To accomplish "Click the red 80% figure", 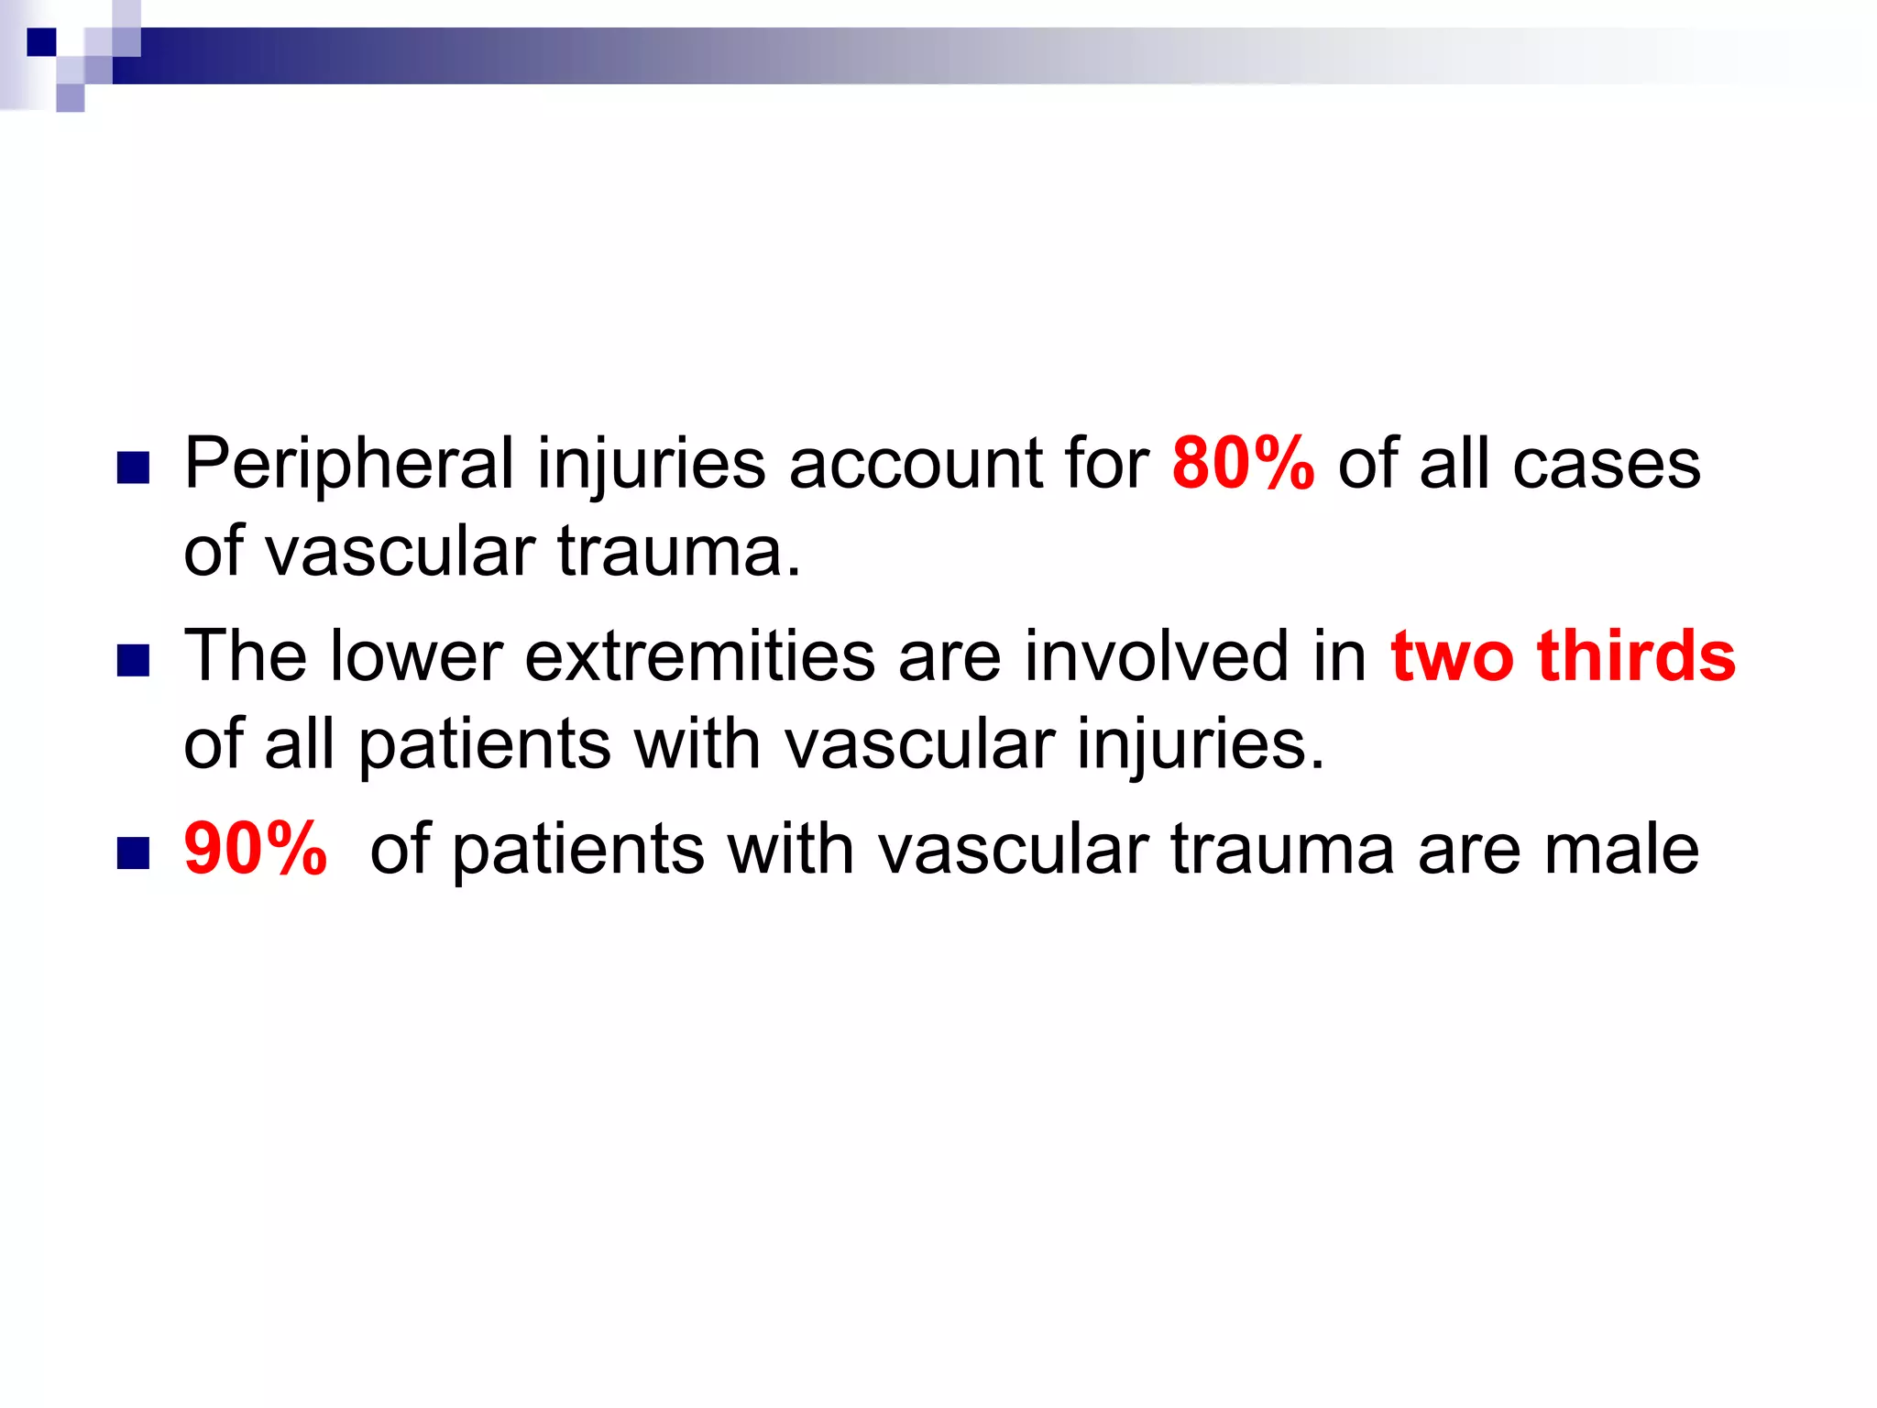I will [1243, 464].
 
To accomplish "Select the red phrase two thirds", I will [1563, 656].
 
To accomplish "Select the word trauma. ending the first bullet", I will [679, 552].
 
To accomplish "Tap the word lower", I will [415, 656].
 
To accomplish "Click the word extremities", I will [700, 656].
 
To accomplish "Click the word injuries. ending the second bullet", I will [1201, 744].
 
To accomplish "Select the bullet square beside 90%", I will [134, 853].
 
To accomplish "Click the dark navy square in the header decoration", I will [41, 42].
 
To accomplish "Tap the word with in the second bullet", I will [697, 744].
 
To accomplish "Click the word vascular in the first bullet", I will [401, 552].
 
